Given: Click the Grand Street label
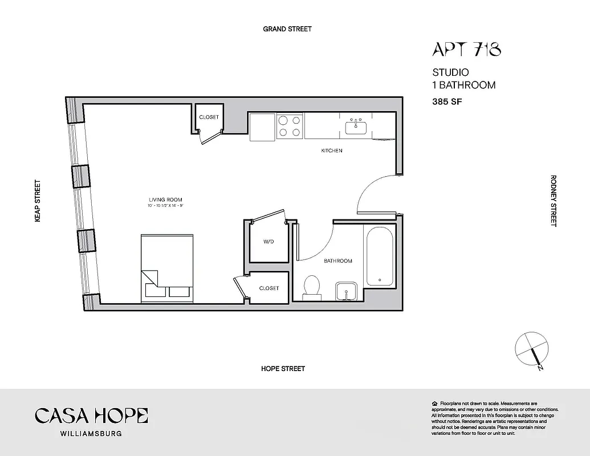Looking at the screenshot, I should click(x=287, y=28).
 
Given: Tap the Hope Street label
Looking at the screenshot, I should click(x=283, y=369).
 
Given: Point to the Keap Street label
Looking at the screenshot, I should click(x=38, y=201).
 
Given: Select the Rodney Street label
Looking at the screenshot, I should click(x=552, y=201).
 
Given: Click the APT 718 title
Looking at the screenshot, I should click(x=466, y=50).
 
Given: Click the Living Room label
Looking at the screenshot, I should click(x=166, y=200).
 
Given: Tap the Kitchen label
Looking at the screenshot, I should click(x=331, y=151).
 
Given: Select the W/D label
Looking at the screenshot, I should click(x=268, y=242).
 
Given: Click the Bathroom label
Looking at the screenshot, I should click(x=337, y=261).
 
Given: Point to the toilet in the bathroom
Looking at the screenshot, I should click(x=311, y=286).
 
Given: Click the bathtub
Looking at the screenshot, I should click(x=379, y=256).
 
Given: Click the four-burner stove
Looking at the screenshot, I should click(x=290, y=126).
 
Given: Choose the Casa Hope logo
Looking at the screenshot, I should click(x=91, y=416).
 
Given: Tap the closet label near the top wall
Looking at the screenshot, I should click(x=209, y=117).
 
